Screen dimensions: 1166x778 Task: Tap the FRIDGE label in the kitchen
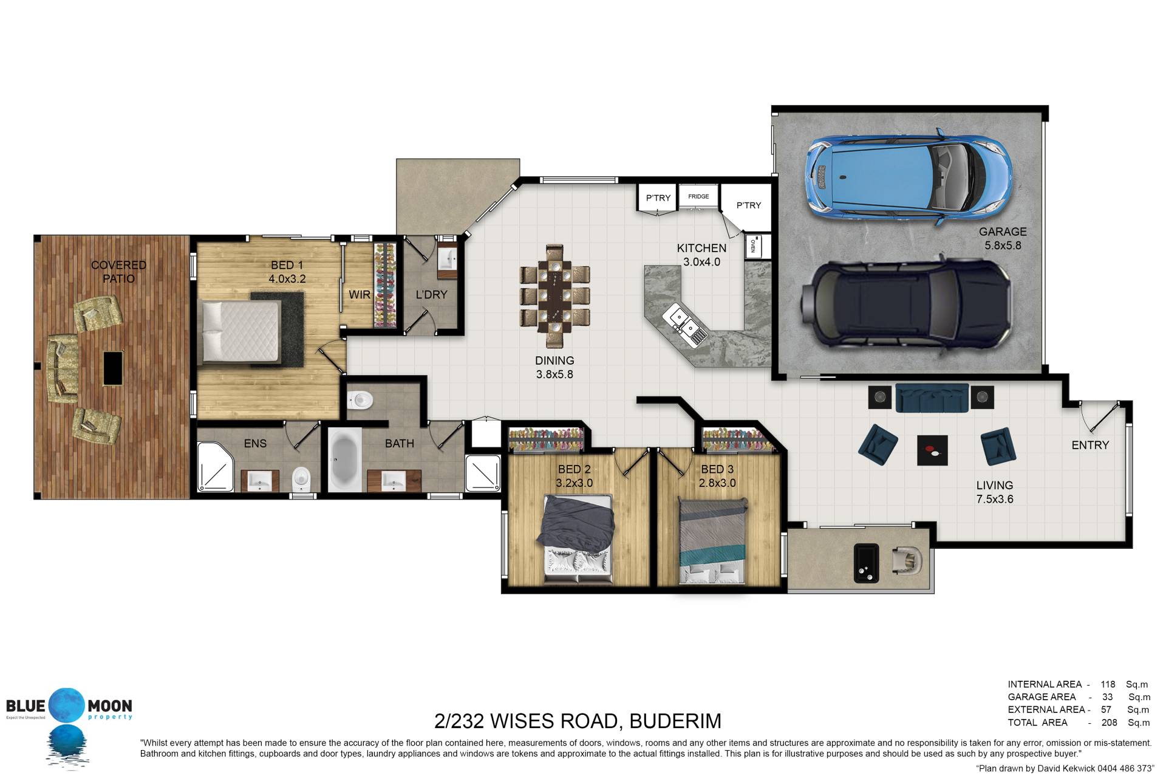(x=698, y=196)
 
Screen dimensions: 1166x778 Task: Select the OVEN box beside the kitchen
(x=752, y=246)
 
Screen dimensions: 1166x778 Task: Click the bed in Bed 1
(x=242, y=331)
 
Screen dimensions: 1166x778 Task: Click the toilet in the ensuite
(x=301, y=480)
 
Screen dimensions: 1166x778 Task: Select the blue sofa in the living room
(x=932, y=398)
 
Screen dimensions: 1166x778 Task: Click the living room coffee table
(x=932, y=450)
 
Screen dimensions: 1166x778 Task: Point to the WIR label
(x=360, y=295)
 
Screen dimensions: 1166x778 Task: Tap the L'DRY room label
(x=431, y=295)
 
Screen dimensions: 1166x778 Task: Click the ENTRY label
(x=1090, y=445)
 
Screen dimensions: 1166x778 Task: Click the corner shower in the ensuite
(x=216, y=466)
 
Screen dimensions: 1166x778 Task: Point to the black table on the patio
(x=112, y=368)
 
